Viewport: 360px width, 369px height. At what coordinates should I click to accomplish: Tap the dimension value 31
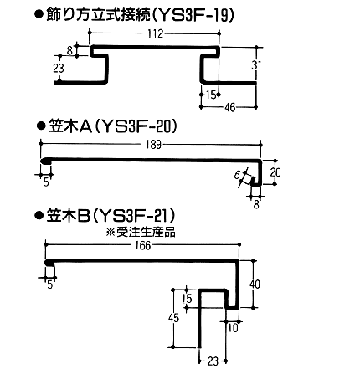pos(256,65)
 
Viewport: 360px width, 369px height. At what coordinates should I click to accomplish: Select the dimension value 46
pos(230,108)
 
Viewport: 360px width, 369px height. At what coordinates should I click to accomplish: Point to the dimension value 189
pos(154,145)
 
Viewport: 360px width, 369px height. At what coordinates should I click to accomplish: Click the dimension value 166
pos(142,246)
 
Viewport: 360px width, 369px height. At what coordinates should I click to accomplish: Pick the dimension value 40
pos(255,284)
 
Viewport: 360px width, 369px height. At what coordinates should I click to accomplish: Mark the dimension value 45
pos(173,318)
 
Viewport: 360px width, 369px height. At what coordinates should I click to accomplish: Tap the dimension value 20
pos(275,172)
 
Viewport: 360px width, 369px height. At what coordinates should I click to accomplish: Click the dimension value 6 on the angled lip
pos(237,175)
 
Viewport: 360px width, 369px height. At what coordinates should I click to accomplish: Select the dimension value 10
pos(233,328)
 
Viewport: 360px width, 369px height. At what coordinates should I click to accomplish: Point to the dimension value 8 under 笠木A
pos(256,205)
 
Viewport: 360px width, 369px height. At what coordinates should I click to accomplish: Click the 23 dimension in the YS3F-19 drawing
pos(59,69)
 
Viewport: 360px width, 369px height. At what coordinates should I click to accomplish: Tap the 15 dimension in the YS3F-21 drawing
pos(188,299)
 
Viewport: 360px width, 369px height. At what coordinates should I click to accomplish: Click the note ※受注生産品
pos(141,233)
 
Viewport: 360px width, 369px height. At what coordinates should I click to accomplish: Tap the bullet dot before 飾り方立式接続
pos(39,15)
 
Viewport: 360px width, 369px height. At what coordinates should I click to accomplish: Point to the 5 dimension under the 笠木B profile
pos(50,285)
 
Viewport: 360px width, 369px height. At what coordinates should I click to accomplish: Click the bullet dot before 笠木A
pos(41,126)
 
